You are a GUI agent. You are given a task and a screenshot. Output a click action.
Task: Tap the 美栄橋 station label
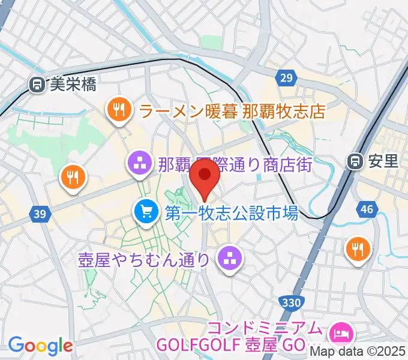[73, 85]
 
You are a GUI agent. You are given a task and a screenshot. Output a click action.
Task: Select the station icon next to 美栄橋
[37, 85]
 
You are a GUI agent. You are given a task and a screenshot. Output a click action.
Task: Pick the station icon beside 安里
[355, 161]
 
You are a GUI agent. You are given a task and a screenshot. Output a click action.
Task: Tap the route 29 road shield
[287, 77]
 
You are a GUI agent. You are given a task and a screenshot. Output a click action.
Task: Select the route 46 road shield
[367, 209]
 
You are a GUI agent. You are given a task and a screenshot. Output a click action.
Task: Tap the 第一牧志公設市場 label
[232, 212]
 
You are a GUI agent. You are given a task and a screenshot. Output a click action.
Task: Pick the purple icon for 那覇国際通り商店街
[140, 163]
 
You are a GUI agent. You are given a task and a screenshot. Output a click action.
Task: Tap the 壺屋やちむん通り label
[145, 259]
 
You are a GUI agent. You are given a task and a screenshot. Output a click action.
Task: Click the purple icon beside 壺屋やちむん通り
[229, 259]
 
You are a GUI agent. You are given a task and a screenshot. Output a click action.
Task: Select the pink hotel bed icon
[342, 331]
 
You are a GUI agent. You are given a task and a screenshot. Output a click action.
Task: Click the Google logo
[40, 346]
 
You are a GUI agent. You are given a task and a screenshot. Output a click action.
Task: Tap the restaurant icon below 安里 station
[358, 248]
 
